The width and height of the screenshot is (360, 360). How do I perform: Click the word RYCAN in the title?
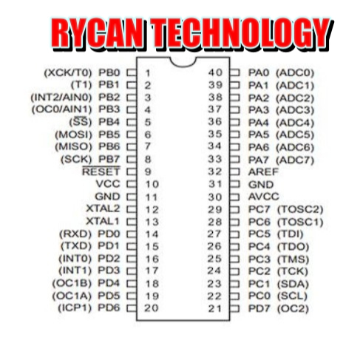point(98,34)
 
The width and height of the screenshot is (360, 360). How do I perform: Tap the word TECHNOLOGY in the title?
point(240,34)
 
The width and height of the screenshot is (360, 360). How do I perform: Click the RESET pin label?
point(101,171)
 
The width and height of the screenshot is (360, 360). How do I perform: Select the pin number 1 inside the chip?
point(148,73)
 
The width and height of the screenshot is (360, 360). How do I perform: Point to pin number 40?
point(215,72)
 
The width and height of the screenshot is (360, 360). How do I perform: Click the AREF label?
point(263,171)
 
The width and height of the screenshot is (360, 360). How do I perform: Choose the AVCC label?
point(263,197)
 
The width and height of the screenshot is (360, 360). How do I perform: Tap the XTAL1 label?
point(103,221)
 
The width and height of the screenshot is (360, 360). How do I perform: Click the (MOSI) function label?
point(73,135)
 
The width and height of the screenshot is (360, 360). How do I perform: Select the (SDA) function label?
point(293,284)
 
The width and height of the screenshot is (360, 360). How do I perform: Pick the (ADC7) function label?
point(295,160)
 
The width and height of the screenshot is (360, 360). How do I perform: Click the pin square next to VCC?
point(132,184)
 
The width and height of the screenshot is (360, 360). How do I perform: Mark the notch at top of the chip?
point(183,62)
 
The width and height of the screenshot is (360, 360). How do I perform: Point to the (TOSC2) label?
point(300,209)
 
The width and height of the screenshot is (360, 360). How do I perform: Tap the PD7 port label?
point(259,308)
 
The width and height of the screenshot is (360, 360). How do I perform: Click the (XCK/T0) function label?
point(68,72)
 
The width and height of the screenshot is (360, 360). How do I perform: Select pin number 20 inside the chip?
point(151,308)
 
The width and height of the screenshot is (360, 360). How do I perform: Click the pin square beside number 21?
point(234,308)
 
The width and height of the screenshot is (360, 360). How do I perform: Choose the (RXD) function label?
point(75,234)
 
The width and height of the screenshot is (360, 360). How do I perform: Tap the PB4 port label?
point(109,122)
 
